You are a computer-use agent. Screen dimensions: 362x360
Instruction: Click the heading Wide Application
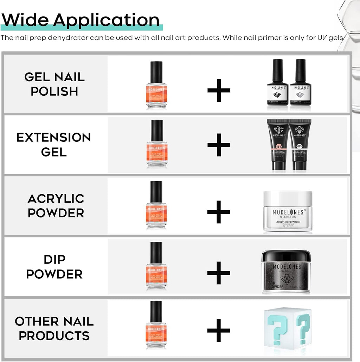pyautogui.click(x=81, y=20)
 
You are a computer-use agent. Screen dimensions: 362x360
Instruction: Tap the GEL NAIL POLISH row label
pyautogui.click(x=54, y=84)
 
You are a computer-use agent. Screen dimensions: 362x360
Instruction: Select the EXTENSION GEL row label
pyautogui.click(x=54, y=144)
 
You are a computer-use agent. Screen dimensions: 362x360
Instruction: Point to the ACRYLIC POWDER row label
pyautogui.click(x=56, y=205)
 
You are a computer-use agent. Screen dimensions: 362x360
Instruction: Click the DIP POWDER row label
pyautogui.click(x=54, y=267)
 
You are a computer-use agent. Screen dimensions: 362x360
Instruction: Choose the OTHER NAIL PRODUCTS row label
pyautogui.click(x=54, y=328)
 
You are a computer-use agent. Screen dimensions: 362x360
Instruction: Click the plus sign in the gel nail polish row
pyautogui.click(x=219, y=90)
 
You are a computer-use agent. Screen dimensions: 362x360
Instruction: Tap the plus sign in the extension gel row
pyautogui.click(x=219, y=145)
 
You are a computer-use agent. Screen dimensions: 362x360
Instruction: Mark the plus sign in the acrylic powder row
pyautogui.click(x=219, y=212)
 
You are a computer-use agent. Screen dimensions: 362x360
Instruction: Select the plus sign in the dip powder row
pyautogui.click(x=219, y=273)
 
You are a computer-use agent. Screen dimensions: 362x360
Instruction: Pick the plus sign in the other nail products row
pyautogui.click(x=219, y=330)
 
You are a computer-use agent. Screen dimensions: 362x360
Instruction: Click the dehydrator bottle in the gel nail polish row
pyautogui.click(x=156, y=85)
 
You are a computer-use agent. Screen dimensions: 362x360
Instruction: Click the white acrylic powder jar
pyautogui.click(x=288, y=211)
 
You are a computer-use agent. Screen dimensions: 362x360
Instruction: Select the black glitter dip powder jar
pyautogui.click(x=286, y=271)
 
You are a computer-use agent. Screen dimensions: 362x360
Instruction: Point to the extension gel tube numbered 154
pyautogui.click(x=278, y=144)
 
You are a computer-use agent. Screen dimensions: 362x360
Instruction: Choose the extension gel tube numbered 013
pyautogui.click(x=300, y=144)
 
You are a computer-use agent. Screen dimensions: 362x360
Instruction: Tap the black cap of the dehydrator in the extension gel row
pyautogui.click(x=156, y=130)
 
